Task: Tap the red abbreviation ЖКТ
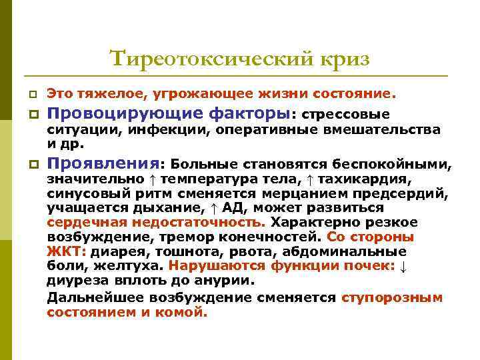[x=65, y=252]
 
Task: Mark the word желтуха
[x=127, y=266]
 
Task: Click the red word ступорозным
[x=392, y=297]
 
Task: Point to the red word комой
[x=186, y=312]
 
